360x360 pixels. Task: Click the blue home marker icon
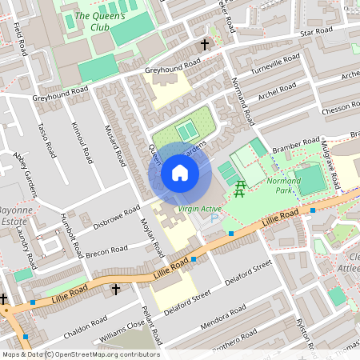180,173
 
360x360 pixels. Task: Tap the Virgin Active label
199,209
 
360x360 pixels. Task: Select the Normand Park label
283,186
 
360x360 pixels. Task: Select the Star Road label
315,33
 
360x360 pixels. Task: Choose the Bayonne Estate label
15,214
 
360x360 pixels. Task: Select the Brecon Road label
107,252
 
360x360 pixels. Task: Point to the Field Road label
21,39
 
